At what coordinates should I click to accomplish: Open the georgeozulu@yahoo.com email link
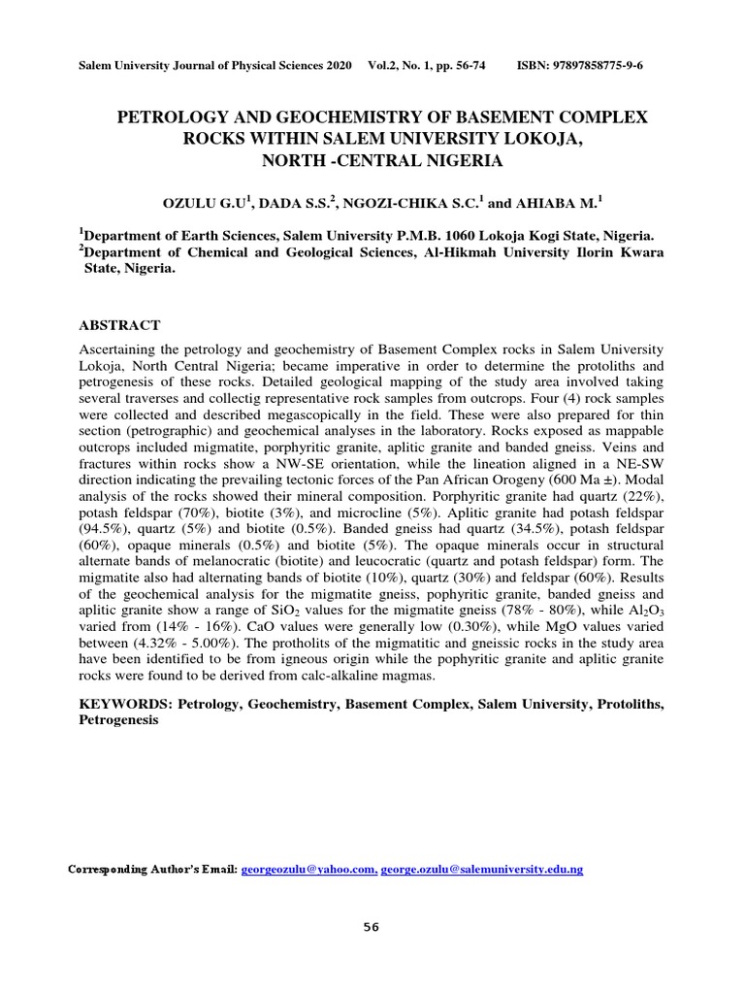coord(308,870)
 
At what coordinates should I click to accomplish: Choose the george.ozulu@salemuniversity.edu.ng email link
coord(482,870)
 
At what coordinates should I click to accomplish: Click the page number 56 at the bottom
coord(372,927)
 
